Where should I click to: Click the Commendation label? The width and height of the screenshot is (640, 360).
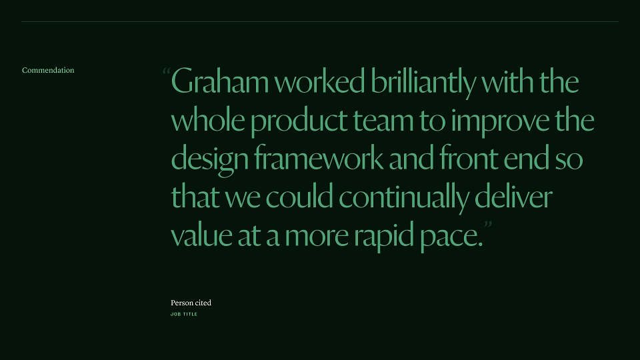tap(48, 70)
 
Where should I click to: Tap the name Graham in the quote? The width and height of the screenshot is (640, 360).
tap(219, 81)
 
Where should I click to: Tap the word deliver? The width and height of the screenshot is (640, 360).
tap(513, 195)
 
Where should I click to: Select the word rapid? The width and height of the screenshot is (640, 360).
tap(384, 236)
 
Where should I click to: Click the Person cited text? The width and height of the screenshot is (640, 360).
tap(191, 303)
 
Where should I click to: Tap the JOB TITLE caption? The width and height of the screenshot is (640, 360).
tap(184, 314)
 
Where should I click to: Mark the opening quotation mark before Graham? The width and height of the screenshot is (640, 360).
tap(166, 71)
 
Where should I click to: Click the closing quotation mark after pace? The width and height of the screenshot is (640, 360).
tap(488, 224)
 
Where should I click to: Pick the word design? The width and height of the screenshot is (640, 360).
tap(210, 159)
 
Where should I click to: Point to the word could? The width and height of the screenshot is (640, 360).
tap(299, 195)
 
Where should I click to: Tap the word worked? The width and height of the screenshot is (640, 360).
tap(319, 81)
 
